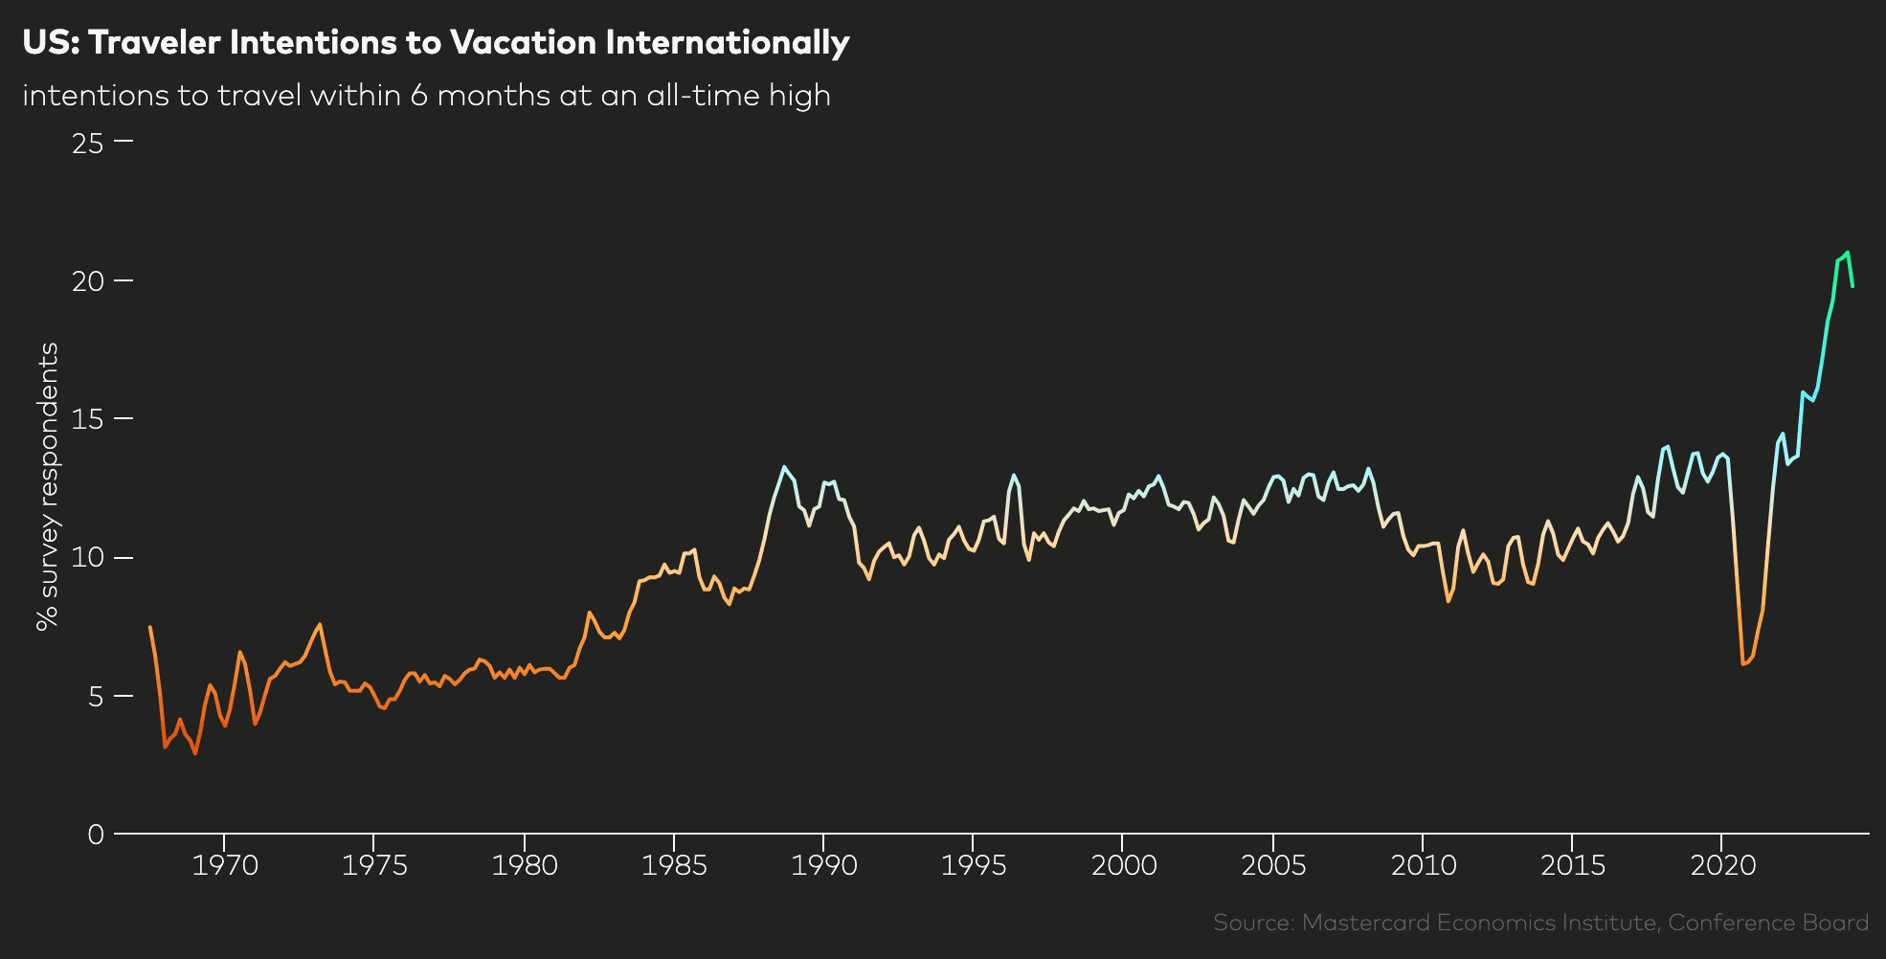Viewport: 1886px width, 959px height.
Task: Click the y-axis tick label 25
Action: (x=87, y=144)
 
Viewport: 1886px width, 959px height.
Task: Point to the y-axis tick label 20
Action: (x=87, y=281)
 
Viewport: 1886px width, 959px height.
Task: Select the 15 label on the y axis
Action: (x=87, y=419)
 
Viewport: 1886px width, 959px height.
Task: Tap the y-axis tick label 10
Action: (x=87, y=558)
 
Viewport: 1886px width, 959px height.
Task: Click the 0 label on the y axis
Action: (x=95, y=835)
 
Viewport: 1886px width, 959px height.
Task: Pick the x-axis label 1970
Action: (x=225, y=866)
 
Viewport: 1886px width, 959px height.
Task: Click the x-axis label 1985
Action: (x=674, y=866)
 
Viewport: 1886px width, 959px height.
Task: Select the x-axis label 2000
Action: (x=1123, y=866)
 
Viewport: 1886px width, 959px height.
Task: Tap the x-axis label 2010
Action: (x=1423, y=866)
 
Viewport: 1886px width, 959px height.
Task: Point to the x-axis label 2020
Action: (x=1722, y=866)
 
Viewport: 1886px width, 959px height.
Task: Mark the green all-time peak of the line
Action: (x=1847, y=253)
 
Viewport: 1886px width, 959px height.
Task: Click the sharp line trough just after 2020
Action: (x=1743, y=663)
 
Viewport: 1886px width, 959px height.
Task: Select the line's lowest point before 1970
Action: (x=195, y=753)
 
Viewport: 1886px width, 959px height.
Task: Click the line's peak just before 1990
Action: (x=784, y=467)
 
